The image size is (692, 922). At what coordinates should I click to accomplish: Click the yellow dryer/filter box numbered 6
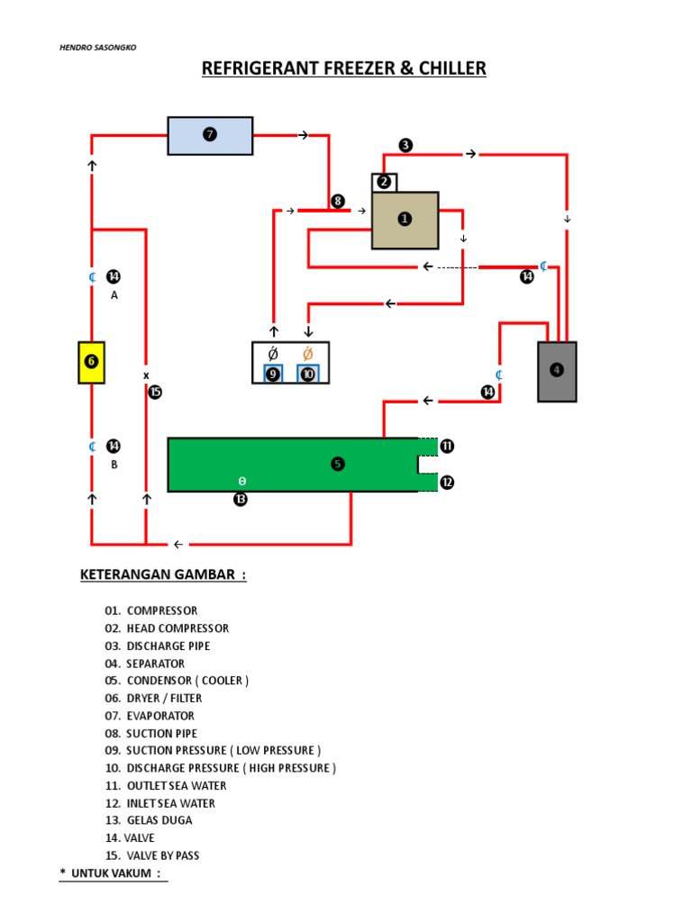92,361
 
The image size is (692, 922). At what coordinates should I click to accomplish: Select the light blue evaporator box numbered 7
210,135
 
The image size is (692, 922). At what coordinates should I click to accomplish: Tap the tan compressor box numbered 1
405,220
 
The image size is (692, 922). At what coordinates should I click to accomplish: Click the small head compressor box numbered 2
385,182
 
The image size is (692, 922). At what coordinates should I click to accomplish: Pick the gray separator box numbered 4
557,370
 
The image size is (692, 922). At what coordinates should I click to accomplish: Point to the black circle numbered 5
338,464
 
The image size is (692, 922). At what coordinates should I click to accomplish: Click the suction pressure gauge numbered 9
273,374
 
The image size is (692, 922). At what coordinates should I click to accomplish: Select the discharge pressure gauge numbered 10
308,374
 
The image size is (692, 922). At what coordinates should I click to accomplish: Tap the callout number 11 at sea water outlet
447,446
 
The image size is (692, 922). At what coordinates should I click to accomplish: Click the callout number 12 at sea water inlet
447,483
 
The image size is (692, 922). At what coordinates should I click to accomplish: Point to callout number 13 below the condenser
241,500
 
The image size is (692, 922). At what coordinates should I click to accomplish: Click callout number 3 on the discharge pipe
405,145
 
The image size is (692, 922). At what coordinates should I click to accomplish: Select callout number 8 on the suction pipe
338,201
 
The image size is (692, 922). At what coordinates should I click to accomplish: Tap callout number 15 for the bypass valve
155,392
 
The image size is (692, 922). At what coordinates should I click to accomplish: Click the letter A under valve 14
114,294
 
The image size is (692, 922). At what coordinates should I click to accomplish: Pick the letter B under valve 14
114,465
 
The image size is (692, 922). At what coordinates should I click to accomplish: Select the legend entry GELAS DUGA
159,820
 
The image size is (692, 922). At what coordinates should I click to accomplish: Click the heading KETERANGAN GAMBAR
162,574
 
